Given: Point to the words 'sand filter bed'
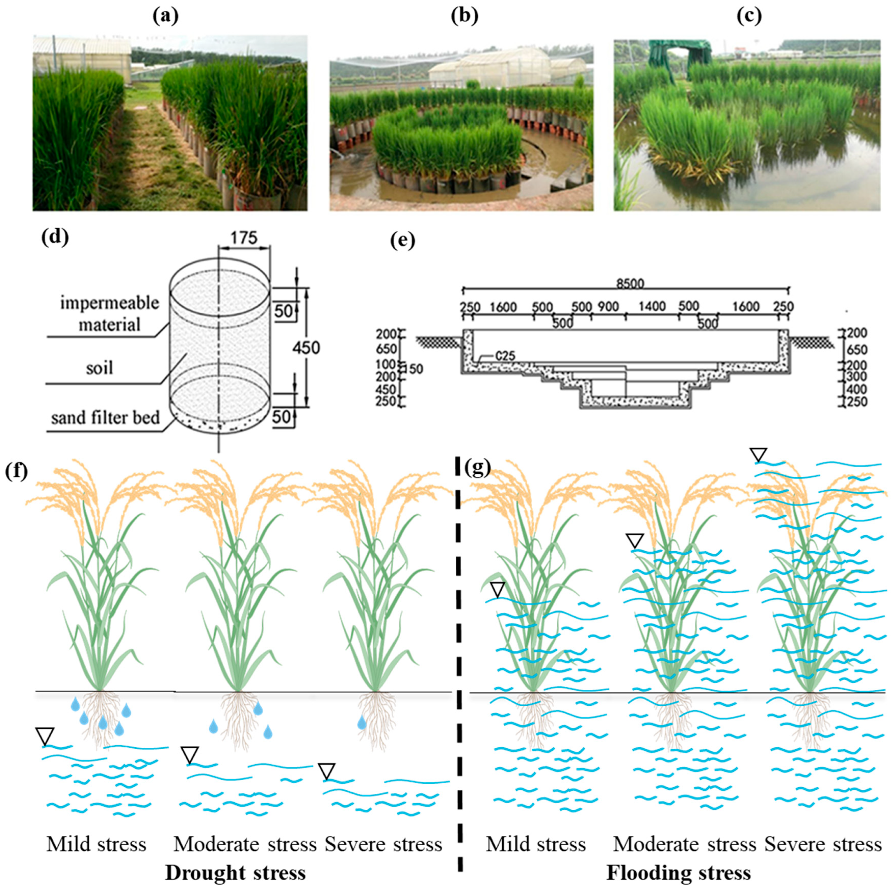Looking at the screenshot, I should click(106, 418).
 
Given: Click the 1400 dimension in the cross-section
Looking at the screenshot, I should click(652, 307).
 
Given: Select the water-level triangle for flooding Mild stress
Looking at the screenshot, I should click(498, 590).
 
